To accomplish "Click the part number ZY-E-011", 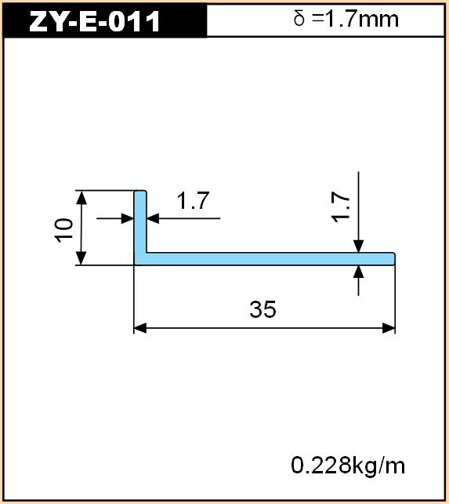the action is tap(94, 21).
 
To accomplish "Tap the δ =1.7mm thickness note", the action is tap(346, 19).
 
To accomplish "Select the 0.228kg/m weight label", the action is tap(348, 466).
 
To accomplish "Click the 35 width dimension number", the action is tap(263, 309).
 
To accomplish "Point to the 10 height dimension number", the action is tap(63, 230).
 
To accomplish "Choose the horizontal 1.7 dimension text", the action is tap(194, 200).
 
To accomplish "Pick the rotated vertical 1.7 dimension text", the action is tap(341, 207).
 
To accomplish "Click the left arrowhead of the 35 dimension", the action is tap(140, 328).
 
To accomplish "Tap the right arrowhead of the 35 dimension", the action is tap(389, 328).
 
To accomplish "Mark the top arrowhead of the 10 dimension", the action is tap(81, 197).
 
